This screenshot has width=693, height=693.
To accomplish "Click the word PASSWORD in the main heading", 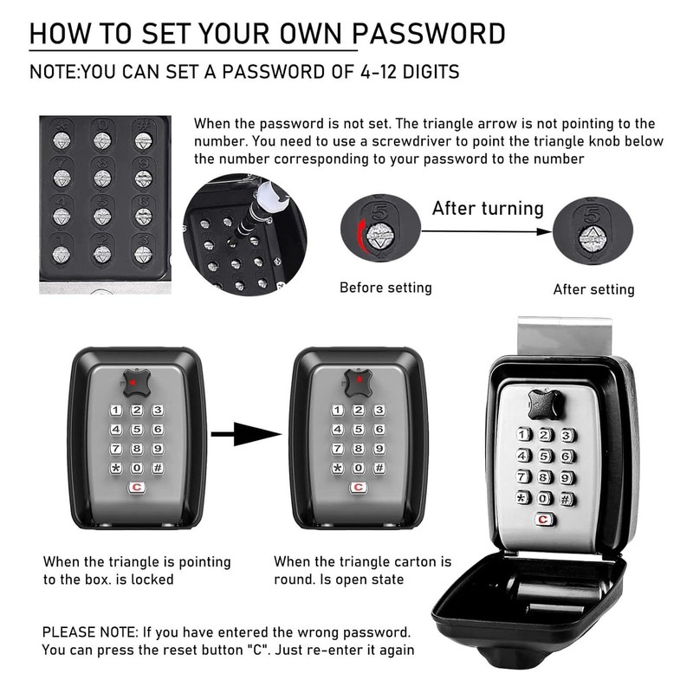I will click(x=432, y=34).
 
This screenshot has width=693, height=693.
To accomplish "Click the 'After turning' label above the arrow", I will click(x=488, y=208).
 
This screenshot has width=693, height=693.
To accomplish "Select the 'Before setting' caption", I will click(x=385, y=288).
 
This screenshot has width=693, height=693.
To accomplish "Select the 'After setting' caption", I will click(x=593, y=289).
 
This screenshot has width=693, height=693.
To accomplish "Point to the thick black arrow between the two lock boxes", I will click(x=247, y=435).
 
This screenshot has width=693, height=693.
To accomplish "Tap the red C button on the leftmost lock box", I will click(x=136, y=488).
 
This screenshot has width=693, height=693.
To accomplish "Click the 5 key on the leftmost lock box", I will click(x=136, y=429).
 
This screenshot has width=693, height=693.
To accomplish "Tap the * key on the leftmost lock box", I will click(x=115, y=468).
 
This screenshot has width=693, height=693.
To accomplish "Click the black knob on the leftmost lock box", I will click(x=136, y=381).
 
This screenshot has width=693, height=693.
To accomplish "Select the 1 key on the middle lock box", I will click(x=336, y=410).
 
